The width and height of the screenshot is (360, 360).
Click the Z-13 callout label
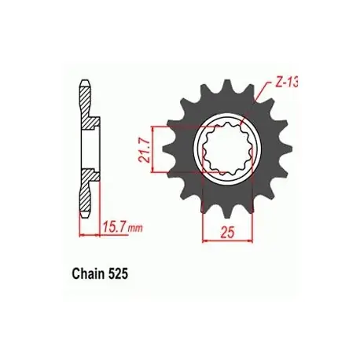pyautogui.click(x=286, y=83)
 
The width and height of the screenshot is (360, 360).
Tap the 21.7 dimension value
pyautogui.click(x=145, y=150)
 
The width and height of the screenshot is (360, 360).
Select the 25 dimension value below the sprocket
pyautogui.click(x=227, y=232)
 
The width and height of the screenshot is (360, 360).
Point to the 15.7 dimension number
pyautogui.click(x=114, y=226)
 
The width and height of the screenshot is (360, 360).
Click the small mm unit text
pyautogui.click(x=135, y=228)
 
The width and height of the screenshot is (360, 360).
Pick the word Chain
pyautogui.click(x=88, y=274)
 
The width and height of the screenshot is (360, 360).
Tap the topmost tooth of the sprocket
pyautogui.click(x=228, y=85)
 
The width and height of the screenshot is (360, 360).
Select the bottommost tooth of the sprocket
pyautogui.click(x=228, y=213)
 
